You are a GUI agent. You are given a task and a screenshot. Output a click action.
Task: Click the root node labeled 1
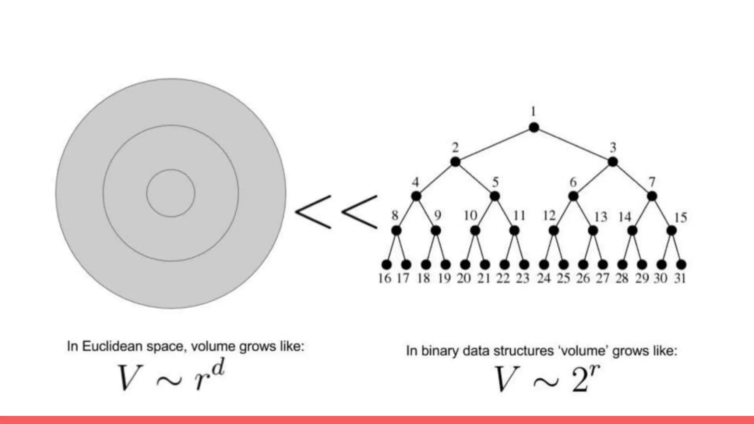click(x=534, y=127)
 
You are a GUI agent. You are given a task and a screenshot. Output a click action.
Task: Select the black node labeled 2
click(x=455, y=162)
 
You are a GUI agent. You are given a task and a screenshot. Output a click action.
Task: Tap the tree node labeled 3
click(x=613, y=162)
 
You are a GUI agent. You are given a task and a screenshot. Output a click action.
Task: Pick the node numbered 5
click(x=495, y=196)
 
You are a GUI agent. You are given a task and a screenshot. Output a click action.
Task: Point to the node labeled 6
click(x=573, y=196)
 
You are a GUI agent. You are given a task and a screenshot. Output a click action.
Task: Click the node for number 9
click(x=436, y=231)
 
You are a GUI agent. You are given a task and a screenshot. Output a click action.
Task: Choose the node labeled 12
click(x=553, y=231)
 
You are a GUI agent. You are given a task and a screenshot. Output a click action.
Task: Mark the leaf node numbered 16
click(x=386, y=264)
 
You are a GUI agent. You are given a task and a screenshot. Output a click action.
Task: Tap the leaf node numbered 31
click(x=681, y=264)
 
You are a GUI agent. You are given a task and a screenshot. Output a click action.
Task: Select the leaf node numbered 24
click(x=544, y=264)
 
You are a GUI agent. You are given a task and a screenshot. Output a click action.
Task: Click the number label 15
click(x=680, y=218)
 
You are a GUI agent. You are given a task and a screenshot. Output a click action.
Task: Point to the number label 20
click(x=464, y=278)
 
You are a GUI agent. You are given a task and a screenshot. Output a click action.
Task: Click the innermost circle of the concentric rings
click(x=171, y=193)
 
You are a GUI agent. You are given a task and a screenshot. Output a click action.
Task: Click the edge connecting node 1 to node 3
click(x=573, y=145)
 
